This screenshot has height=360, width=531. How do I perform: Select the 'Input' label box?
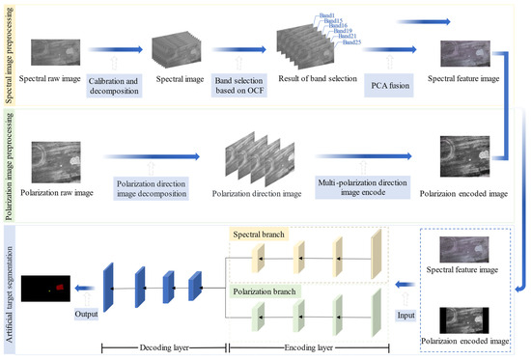[x=405, y=314]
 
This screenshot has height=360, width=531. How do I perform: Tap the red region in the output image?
[x=60, y=286]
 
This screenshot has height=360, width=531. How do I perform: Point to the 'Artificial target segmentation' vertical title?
[x=10, y=290]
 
